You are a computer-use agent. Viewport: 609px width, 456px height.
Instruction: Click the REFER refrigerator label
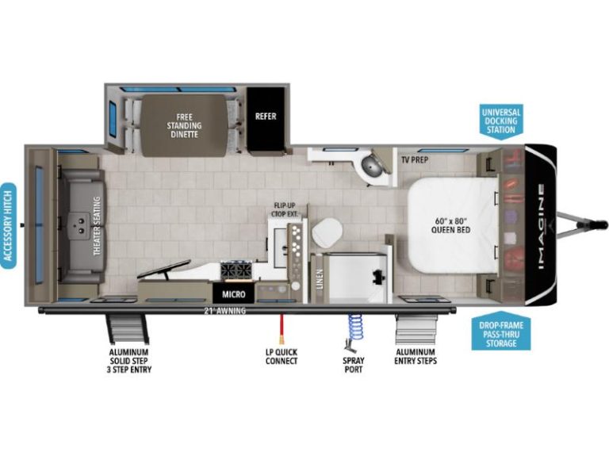[266, 116]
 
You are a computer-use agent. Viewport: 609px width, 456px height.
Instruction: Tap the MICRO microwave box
[233, 294]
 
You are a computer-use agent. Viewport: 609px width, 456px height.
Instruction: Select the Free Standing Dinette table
[183, 125]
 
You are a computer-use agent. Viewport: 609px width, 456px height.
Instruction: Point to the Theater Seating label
[97, 226]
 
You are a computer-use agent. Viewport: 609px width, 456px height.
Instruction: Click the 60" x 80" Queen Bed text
[450, 225]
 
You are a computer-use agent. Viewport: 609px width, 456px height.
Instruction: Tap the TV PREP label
[415, 159]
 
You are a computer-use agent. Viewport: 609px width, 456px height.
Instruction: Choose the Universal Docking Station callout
[501, 121]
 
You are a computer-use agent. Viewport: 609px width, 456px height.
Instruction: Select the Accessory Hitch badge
[8, 226]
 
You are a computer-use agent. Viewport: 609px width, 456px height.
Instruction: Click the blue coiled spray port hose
[354, 327]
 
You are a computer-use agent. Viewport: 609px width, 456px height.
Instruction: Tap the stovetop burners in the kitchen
[236, 270]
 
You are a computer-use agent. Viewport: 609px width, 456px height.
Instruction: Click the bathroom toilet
[327, 232]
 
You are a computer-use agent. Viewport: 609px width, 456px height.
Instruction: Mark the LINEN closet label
[320, 279]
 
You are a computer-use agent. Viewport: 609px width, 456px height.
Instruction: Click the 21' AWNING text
[225, 311]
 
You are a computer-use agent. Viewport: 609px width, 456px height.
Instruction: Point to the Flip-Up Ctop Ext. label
[285, 209]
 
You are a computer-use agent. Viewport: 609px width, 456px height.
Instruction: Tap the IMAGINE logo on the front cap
[542, 228]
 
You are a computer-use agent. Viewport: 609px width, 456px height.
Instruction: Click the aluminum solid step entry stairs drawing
[128, 329]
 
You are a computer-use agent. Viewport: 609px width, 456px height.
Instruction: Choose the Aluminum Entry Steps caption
[416, 357]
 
